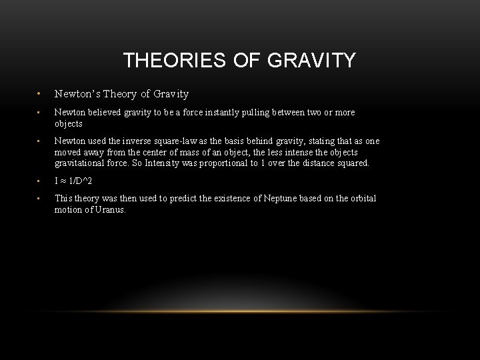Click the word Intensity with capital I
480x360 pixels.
(x=186, y=162)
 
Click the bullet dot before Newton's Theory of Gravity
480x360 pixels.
(x=39, y=95)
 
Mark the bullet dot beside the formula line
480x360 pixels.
(x=39, y=181)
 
